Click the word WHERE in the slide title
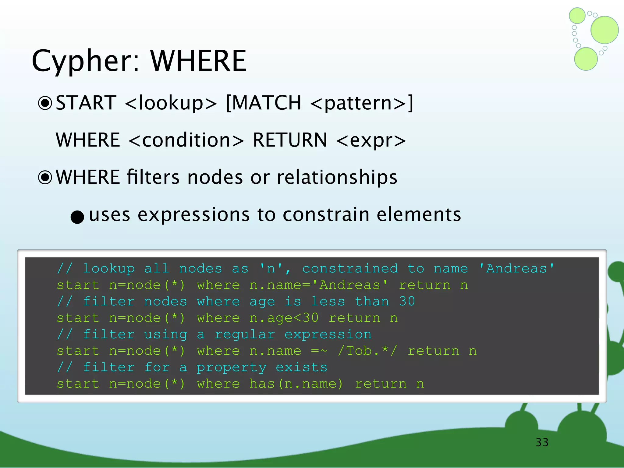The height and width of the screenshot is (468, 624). point(198,61)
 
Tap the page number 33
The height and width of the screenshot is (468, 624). point(542,442)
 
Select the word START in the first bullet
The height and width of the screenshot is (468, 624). point(86,103)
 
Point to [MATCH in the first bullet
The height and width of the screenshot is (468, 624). point(264,103)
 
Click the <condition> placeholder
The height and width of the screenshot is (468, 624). point(186,140)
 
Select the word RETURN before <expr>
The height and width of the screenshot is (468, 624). point(290,140)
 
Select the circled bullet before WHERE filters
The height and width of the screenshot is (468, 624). point(45,177)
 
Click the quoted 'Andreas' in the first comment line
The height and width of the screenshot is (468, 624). point(516,269)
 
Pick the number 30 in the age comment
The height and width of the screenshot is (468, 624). point(407,302)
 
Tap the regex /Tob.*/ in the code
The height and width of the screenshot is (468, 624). point(367,351)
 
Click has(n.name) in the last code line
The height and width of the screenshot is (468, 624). point(296,384)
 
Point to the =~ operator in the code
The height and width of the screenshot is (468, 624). point(319,351)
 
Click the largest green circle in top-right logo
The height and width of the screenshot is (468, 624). point(604,30)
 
